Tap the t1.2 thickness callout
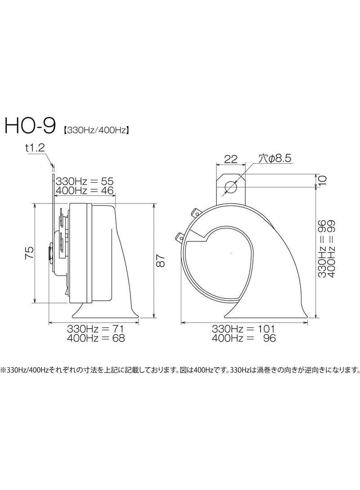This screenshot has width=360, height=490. click(x=35, y=148)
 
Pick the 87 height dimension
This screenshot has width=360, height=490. click(x=161, y=260)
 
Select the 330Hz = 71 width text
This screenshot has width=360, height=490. click(x=95, y=329)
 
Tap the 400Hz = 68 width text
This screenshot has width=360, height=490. click(x=95, y=338)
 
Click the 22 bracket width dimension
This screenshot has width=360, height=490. click(x=231, y=159)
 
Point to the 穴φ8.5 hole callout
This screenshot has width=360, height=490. click(x=275, y=158)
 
